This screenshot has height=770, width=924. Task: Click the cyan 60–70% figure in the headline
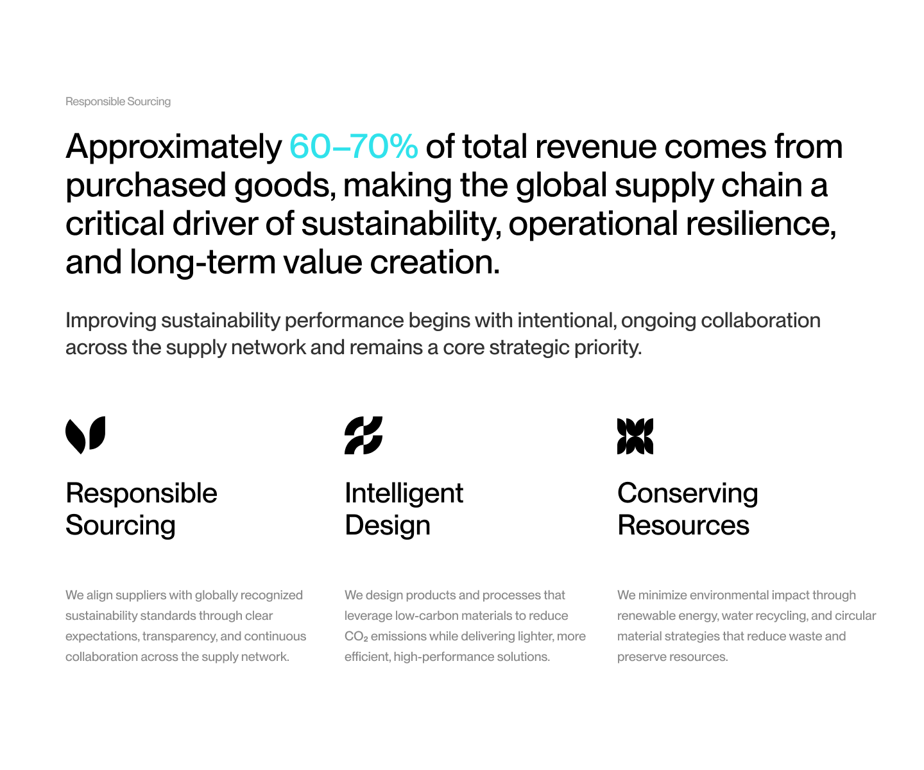353,146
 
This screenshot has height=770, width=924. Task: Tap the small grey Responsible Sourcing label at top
117,102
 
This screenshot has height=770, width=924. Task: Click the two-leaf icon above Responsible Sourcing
85,435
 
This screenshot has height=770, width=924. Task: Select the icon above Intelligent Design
363,435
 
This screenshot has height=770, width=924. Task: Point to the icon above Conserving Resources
635,436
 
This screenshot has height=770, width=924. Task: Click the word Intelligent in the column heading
404,493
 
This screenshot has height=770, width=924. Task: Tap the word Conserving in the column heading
687,493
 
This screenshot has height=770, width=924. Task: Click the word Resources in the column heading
683,526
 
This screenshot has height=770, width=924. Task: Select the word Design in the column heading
387,526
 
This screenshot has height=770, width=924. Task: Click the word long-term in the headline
202,262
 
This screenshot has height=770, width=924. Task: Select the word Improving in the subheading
110,321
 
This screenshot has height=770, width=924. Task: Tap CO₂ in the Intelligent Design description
355,637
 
